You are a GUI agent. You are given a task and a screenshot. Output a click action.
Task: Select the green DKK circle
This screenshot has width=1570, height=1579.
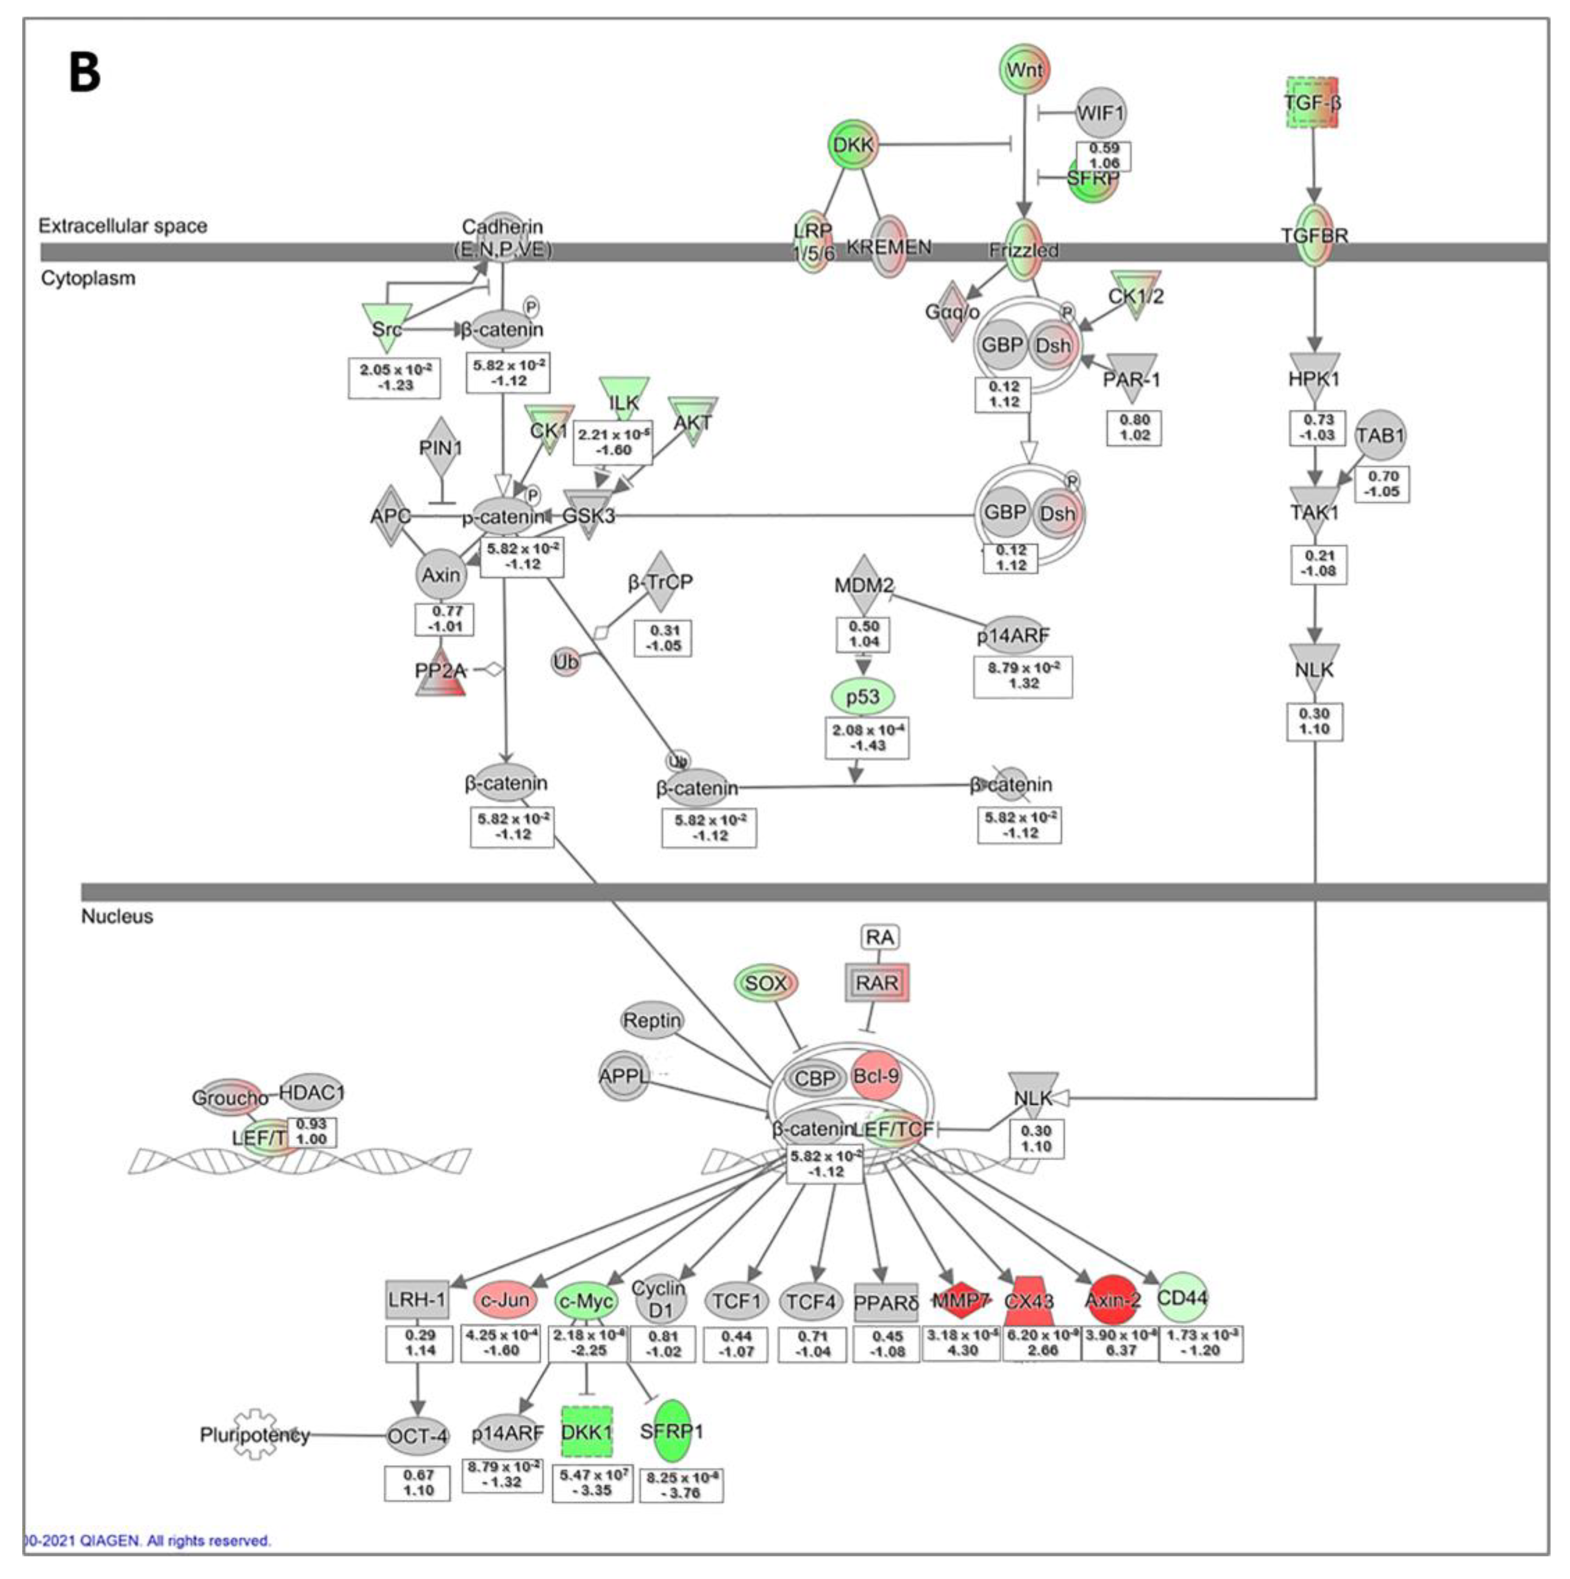click(853, 145)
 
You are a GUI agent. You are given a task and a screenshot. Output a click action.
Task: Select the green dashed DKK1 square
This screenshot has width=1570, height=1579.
click(587, 1431)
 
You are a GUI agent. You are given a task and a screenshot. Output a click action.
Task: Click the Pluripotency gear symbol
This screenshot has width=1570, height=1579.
click(256, 1434)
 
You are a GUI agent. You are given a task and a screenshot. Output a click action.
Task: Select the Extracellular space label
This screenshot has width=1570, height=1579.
click(123, 226)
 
